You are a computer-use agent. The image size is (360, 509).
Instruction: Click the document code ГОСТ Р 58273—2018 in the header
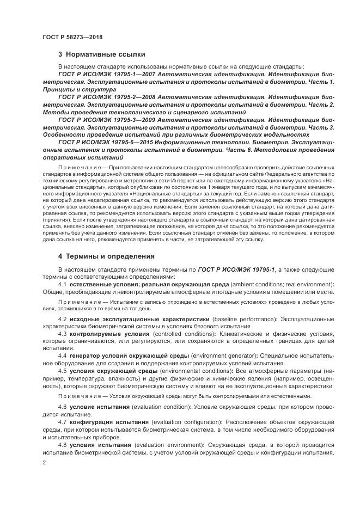72,37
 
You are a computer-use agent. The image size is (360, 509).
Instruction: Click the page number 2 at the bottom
44,463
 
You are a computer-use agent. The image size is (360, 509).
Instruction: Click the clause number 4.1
62,284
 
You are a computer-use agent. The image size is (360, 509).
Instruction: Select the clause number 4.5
62,370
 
